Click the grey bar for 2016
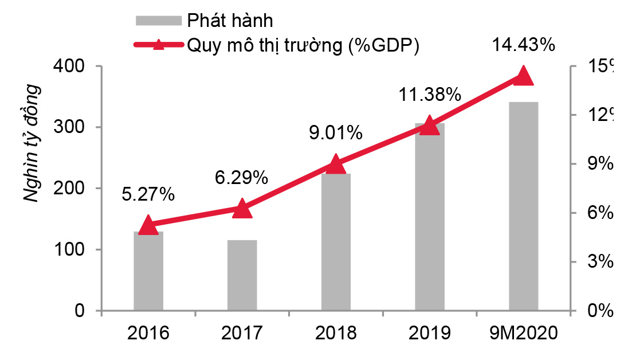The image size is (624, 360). tap(148, 272)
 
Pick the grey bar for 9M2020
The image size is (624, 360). tap(523, 206)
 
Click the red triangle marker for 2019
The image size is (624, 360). tap(430, 126)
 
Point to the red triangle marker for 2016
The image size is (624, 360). tap(148, 225)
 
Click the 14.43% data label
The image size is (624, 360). tap(524, 45)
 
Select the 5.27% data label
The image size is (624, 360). tap(148, 195)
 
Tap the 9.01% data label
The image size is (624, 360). tap(336, 134)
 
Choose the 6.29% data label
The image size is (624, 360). tap(242, 178)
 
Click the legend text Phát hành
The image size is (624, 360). tap(230, 21)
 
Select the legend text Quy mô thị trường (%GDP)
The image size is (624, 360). tap(303, 45)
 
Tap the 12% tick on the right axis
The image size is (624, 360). tap(599, 115)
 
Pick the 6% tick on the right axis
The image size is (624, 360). tap(599, 213)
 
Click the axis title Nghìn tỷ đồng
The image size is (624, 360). tap(33, 143)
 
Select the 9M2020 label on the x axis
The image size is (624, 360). tap(524, 333)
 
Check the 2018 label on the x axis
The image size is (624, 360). tap(336, 333)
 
